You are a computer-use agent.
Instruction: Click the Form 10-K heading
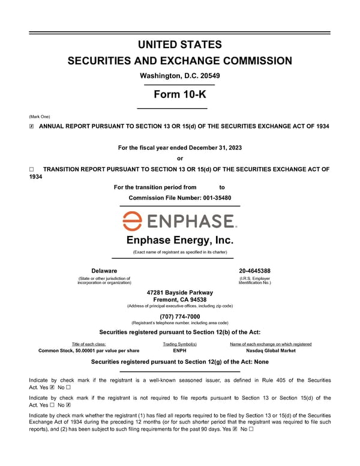pyautogui.click(x=180, y=94)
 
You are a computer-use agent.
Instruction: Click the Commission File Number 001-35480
pyautogui.click(x=180, y=198)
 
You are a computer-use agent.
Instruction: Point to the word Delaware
pyautogui.click(x=104, y=271)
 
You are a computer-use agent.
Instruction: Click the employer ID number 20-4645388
pyautogui.click(x=254, y=271)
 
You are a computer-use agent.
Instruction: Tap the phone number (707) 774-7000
pyautogui.click(x=180, y=316)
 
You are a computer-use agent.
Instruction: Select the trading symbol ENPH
pyautogui.click(x=179, y=351)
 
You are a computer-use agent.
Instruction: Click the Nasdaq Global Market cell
pyautogui.click(x=271, y=351)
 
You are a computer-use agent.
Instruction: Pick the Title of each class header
pyautogui.click(x=89, y=344)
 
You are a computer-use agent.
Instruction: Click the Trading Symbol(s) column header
pyautogui.click(x=179, y=344)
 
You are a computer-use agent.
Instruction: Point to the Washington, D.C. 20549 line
pyautogui.click(x=180, y=76)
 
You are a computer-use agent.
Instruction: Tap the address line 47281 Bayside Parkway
pyautogui.click(x=180, y=292)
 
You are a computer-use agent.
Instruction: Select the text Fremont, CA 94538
pyautogui.click(x=180, y=300)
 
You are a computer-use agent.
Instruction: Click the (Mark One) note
pyautogui.click(x=40, y=116)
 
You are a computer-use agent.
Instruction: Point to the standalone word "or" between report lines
pyautogui.click(x=180, y=159)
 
